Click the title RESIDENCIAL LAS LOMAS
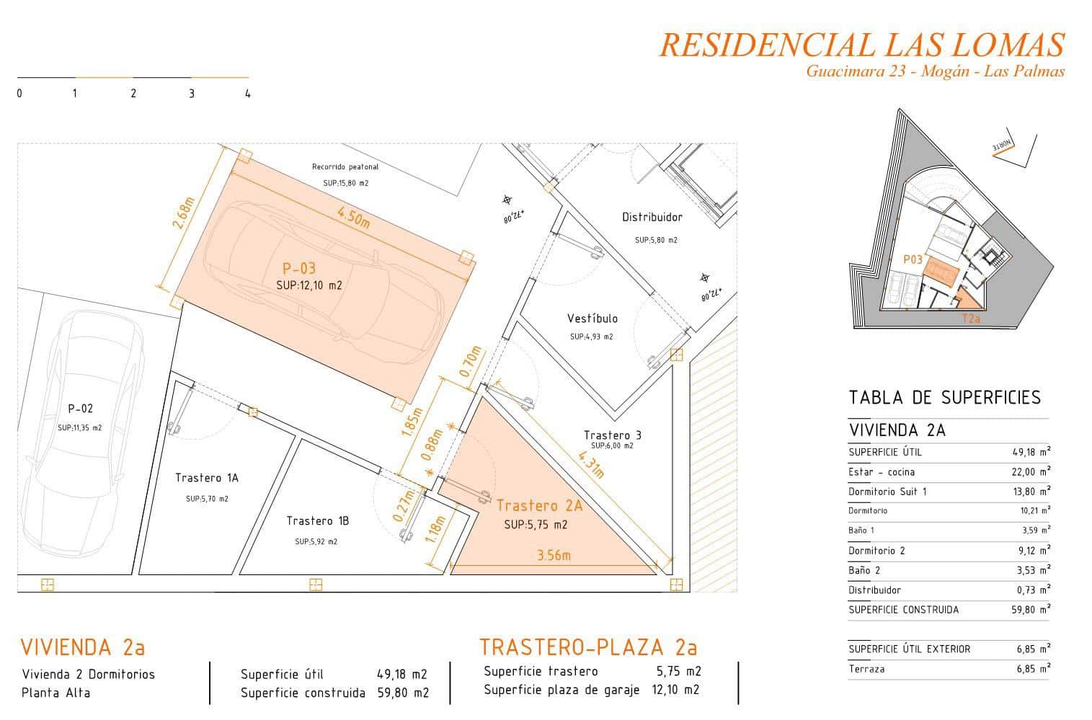(861, 45)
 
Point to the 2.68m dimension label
(184, 213)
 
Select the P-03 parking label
(299, 269)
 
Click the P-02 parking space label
(80, 409)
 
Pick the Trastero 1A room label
(206, 478)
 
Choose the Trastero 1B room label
(317, 520)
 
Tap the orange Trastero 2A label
(539, 506)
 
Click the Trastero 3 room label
(612, 435)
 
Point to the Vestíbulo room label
(592, 319)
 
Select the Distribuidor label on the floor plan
(652, 217)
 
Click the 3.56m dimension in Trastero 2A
(554, 556)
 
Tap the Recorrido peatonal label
(345, 167)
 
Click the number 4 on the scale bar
(248, 94)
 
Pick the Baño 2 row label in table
(864, 570)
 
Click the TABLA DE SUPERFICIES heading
(944, 398)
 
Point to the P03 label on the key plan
(913, 259)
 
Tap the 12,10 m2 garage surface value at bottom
(675, 690)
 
